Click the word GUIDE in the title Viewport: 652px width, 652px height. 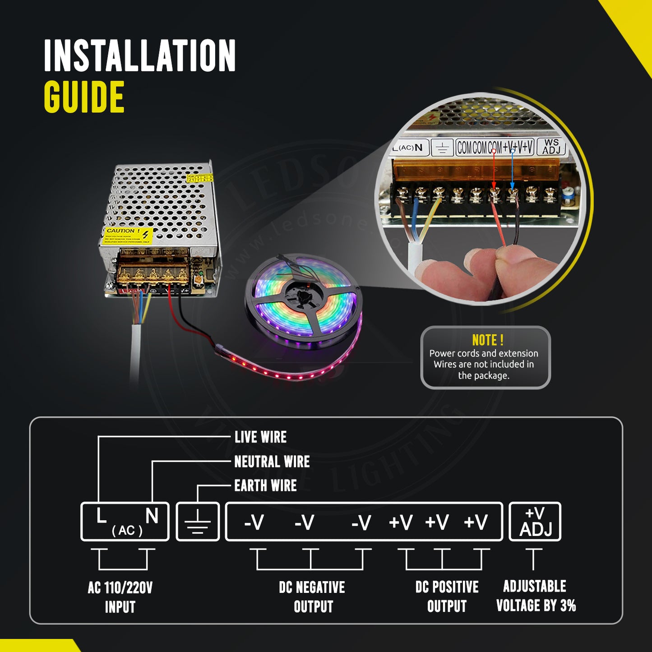click(x=84, y=97)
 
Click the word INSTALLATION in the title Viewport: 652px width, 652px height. click(x=140, y=55)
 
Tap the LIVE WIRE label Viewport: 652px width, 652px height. click(x=260, y=437)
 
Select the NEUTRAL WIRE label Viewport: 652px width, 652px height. click(x=272, y=462)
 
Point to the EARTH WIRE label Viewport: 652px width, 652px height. click(x=265, y=486)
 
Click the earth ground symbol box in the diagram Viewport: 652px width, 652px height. click(x=198, y=522)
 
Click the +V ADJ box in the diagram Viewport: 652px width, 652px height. click(x=535, y=522)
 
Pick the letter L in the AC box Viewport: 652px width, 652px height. click(x=102, y=516)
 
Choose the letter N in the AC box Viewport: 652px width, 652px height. click(x=152, y=516)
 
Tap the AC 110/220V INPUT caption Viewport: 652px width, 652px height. click(x=120, y=597)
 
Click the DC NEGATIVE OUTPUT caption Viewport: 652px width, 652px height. click(x=312, y=597)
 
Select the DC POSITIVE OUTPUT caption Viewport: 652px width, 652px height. click(x=447, y=597)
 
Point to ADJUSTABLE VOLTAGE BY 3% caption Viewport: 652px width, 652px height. click(x=536, y=596)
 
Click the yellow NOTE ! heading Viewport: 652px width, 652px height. click(x=487, y=340)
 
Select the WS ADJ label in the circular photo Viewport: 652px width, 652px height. click(x=551, y=147)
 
